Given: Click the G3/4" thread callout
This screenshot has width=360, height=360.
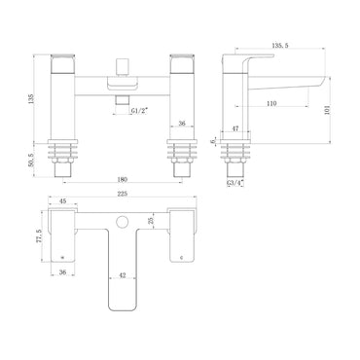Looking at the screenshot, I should (x=234, y=180).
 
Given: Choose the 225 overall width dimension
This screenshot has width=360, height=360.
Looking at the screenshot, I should (x=121, y=193).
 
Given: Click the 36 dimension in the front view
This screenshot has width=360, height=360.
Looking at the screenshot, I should (x=181, y=124).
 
